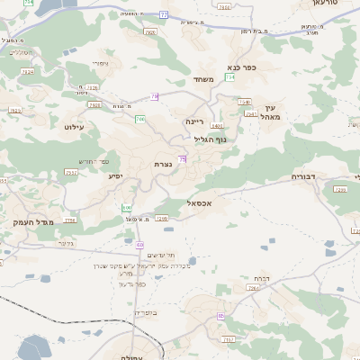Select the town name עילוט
pyautogui.click(x=74, y=127)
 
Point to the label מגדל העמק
pyautogui.click(x=35, y=221)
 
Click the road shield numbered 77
pyautogui.click(x=163, y=14)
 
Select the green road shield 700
pyautogui.click(x=140, y=119)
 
